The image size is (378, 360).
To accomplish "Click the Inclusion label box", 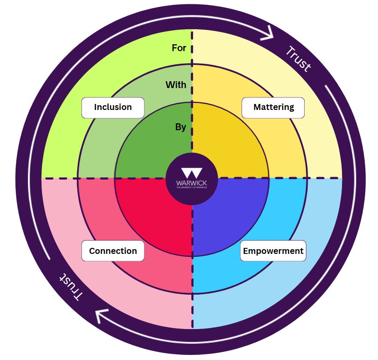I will tap(113, 107).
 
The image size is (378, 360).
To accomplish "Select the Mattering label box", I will tap(273, 107).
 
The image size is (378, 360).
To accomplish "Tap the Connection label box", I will tap(113, 251).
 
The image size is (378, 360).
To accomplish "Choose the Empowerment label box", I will tap(273, 251).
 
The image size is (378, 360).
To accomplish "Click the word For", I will tap(179, 48).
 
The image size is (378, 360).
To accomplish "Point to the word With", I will tap(176, 85).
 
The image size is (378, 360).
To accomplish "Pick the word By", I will tap(181, 127).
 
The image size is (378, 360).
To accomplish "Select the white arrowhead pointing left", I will tap(103, 317).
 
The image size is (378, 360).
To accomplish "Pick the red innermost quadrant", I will tap(150, 211).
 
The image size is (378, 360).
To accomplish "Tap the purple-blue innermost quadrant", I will tap(232, 211).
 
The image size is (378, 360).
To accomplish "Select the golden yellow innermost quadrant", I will tap(232, 146).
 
